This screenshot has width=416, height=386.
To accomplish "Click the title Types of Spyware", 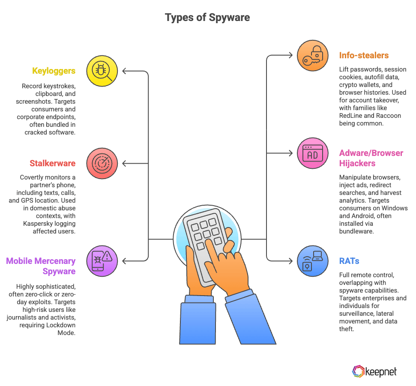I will point(207,18).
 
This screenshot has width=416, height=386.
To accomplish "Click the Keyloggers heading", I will point(54,71).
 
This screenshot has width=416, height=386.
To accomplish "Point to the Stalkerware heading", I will point(53,163).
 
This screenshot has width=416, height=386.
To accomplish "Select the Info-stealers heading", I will point(364,55).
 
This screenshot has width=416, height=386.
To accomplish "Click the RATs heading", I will point(349,260).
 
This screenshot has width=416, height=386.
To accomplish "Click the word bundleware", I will point(357,231).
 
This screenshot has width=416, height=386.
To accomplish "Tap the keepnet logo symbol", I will point(358,371).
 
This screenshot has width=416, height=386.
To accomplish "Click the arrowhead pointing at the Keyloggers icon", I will point(124,70).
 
